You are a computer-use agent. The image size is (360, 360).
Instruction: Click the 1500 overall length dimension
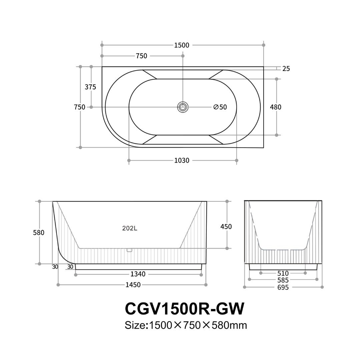coord(182,45)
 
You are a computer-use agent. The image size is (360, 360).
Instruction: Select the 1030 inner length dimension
coord(182,161)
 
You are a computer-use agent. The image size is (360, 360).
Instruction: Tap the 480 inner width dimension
coord(276,107)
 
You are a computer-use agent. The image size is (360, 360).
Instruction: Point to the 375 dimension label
coord(90,87)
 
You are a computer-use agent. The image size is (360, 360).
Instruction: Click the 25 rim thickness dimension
coord(286,69)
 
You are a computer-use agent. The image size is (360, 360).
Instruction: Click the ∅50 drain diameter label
coord(220,107)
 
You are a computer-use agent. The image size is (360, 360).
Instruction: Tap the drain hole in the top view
coord(183,107)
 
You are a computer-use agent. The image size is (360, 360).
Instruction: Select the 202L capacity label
coord(130,228)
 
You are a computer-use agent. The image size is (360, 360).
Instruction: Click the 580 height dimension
coord(39,233)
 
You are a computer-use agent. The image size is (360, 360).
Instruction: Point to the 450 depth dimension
coord(226,227)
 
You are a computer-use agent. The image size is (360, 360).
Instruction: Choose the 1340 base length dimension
coord(138,274)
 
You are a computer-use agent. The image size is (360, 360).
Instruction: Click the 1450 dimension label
coord(133,285)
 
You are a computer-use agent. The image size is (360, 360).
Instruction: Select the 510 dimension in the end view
coord(283,273)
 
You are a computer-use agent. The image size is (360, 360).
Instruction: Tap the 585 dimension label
coord(283,280)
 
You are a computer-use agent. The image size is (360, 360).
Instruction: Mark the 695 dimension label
coord(283,287)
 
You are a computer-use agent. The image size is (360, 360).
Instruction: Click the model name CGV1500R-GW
coord(185,309)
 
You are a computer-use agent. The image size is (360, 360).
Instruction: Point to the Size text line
coord(186,325)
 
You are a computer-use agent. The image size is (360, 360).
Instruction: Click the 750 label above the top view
coord(142,56)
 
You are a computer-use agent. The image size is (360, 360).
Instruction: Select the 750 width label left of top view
coord(80,107)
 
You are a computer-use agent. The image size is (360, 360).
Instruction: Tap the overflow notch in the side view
coord(130,250)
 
